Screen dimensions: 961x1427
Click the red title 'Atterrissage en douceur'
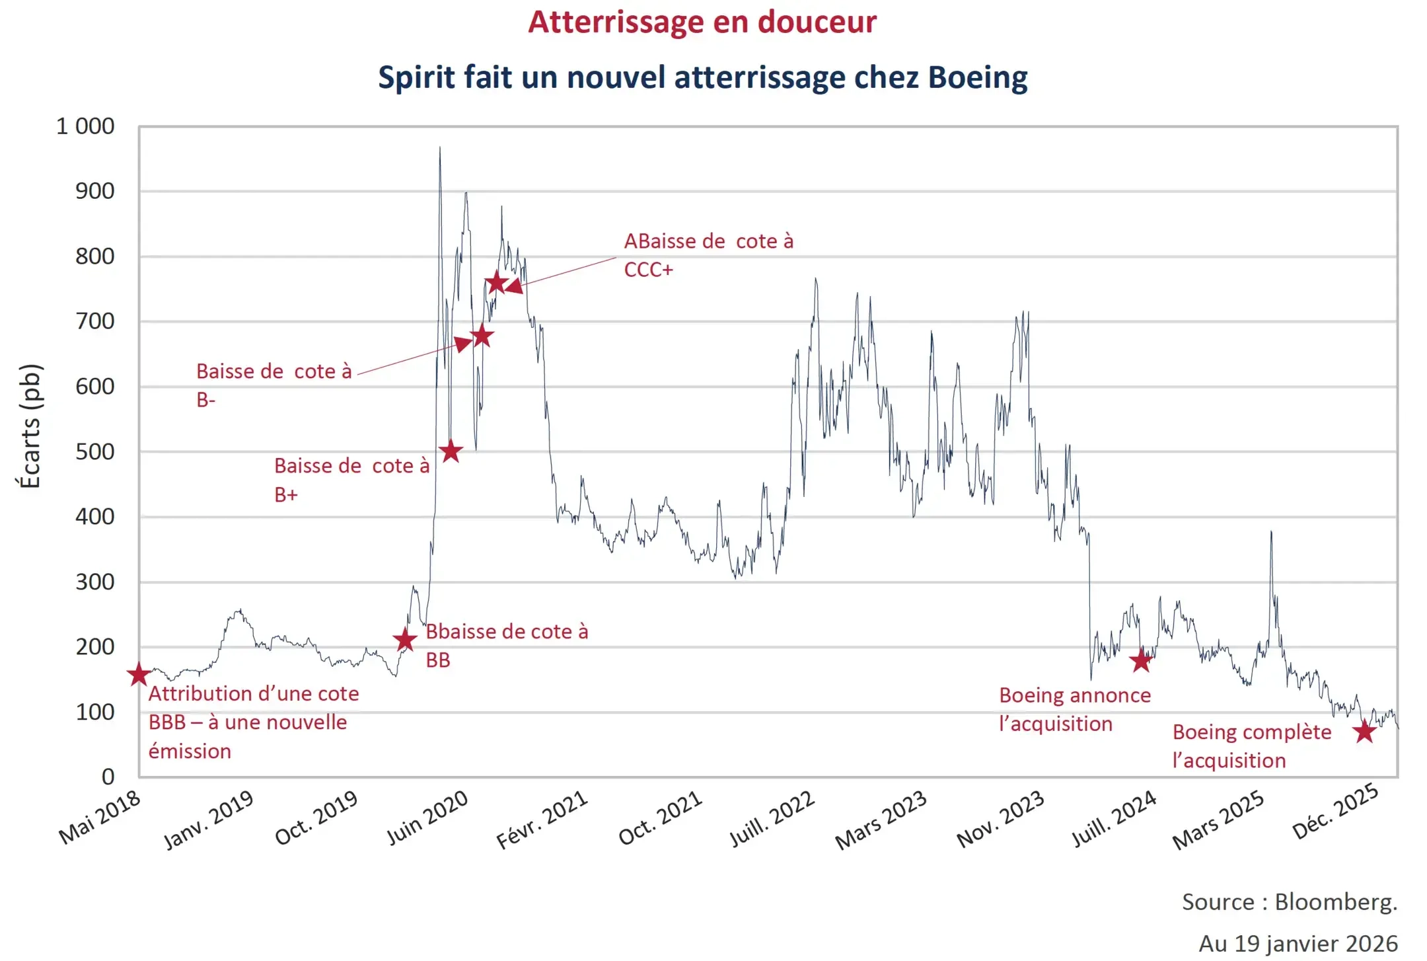(x=702, y=22)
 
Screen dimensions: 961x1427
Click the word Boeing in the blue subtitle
(x=978, y=77)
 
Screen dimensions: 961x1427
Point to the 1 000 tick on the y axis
(x=85, y=126)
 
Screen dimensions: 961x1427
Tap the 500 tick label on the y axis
(x=94, y=452)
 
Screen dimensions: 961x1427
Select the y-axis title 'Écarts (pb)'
(x=30, y=426)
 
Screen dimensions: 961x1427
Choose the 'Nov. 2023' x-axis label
(x=1000, y=818)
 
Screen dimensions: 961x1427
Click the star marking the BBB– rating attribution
(x=139, y=675)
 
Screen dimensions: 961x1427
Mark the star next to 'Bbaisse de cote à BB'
(x=405, y=640)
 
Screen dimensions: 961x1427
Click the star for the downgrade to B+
(x=451, y=451)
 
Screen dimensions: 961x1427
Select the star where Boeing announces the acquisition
(x=1141, y=660)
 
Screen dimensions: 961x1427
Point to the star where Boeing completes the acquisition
(x=1364, y=732)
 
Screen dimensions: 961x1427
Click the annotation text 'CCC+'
(x=648, y=270)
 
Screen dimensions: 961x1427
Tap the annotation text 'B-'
(x=205, y=400)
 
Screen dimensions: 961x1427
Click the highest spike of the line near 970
(x=440, y=148)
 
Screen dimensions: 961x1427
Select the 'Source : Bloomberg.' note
(x=1289, y=902)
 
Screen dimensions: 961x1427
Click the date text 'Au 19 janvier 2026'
(x=1298, y=943)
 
